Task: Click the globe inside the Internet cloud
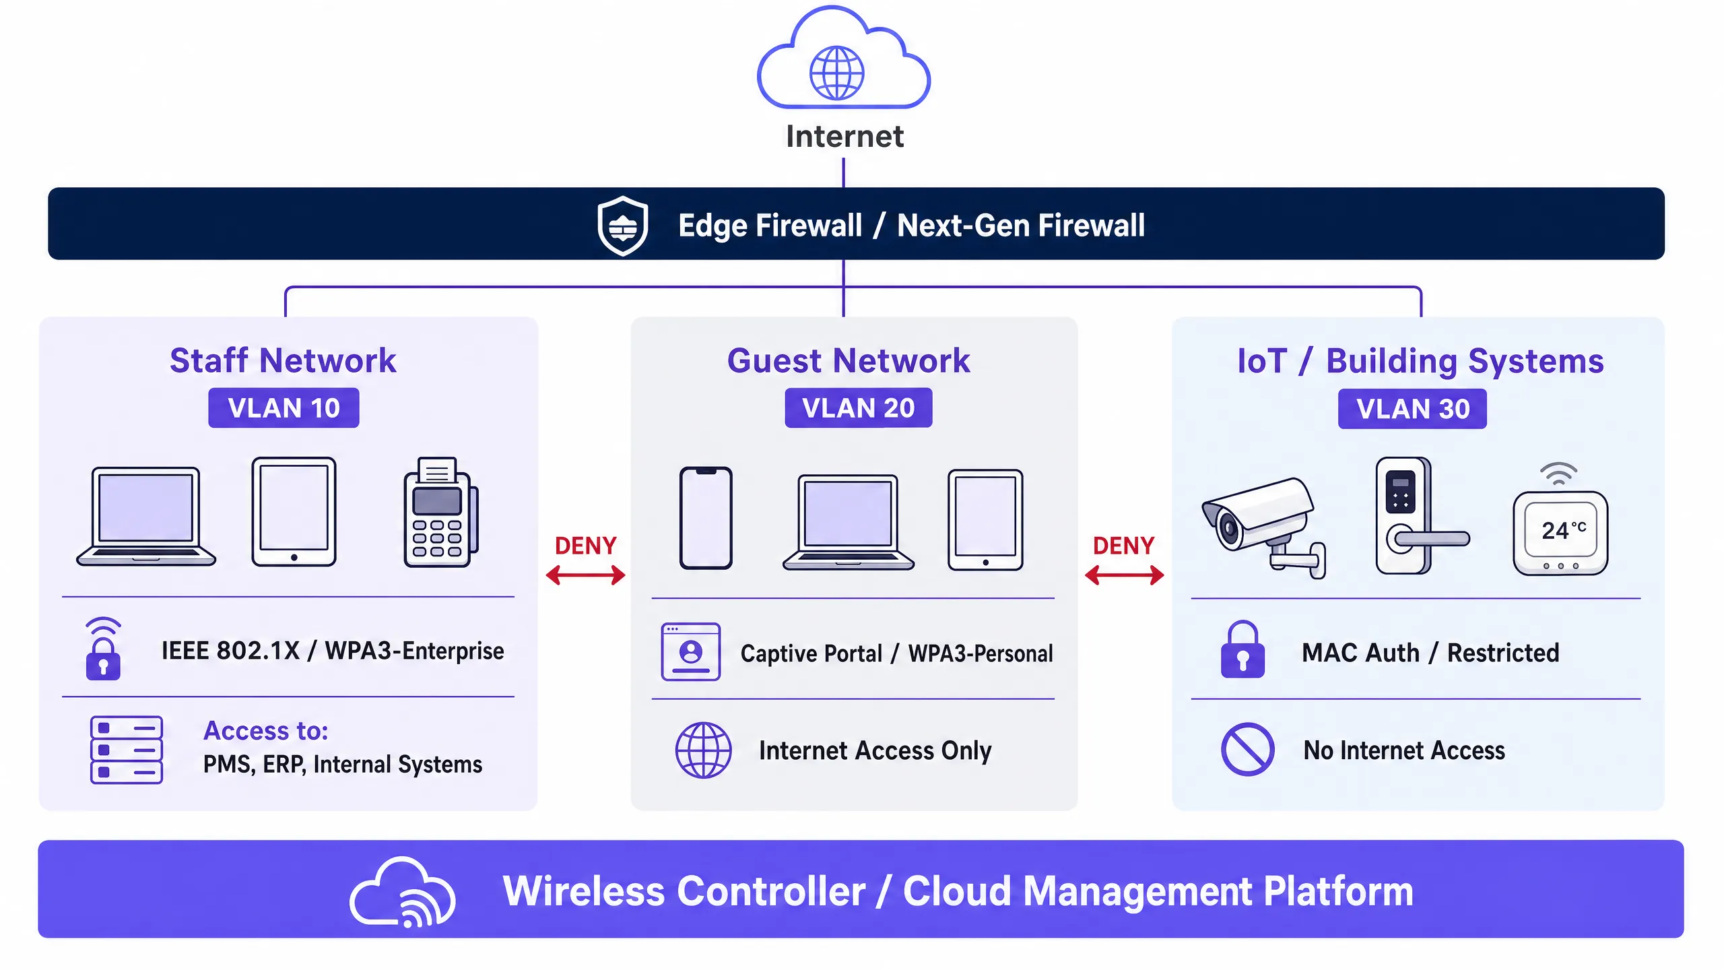point(836,73)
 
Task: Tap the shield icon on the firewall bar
point(623,226)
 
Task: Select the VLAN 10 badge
point(284,408)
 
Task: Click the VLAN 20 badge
point(859,408)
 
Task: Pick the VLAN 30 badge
point(1412,409)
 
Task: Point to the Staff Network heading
point(283,360)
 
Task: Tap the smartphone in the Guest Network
point(706,517)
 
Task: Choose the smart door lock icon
point(1414,516)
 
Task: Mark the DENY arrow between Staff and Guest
point(585,575)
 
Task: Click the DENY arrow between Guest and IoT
point(1124,575)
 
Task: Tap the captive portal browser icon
point(691,651)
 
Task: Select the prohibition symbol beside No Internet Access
point(1247,750)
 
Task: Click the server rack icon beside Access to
point(127,750)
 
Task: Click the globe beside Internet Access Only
point(704,750)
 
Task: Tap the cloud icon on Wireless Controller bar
point(403,892)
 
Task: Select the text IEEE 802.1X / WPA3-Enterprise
point(333,651)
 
